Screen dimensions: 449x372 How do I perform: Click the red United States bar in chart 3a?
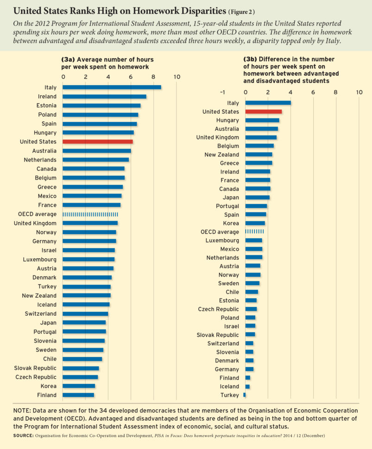click(x=97, y=142)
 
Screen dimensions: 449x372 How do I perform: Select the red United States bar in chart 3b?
click(x=263, y=112)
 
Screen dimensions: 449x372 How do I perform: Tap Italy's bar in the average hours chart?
click(x=112, y=87)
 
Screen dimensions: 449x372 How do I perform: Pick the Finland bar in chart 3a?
click(x=78, y=395)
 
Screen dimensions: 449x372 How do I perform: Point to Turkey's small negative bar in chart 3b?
click(x=244, y=395)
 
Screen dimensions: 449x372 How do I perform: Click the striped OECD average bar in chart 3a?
click(x=90, y=214)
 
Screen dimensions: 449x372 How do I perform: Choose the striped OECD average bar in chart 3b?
click(x=254, y=231)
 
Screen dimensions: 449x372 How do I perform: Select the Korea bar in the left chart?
click(x=79, y=386)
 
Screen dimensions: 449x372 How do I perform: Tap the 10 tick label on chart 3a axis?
click(x=176, y=76)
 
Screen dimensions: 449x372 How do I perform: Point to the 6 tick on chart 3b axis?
click(x=313, y=93)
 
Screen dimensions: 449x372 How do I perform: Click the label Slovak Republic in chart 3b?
click(x=219, y=335)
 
